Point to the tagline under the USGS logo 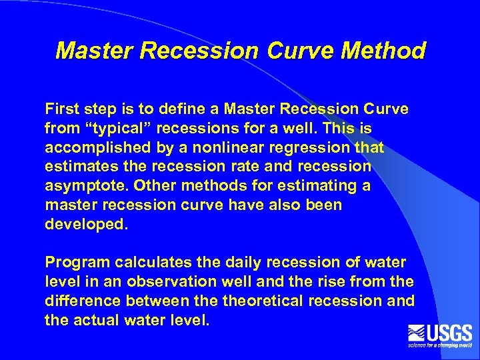(x=440, y=345)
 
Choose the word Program (x=75, y=263)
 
